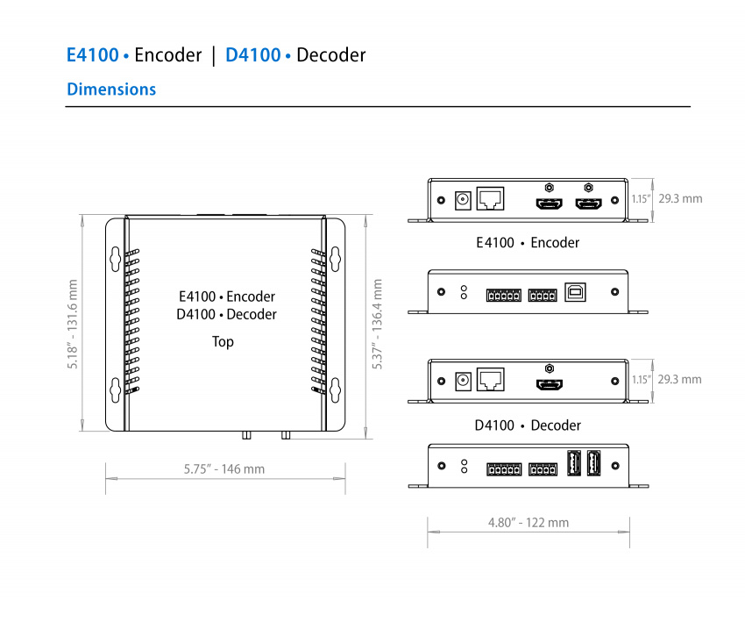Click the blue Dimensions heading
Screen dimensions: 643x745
[x=111, y=89]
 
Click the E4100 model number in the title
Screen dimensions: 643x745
[x=93, y=55]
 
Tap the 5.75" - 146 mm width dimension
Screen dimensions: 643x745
[x=224, y=469]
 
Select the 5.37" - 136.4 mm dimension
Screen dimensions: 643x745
[x=378, y=324]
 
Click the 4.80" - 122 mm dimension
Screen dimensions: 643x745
[x=529, y=523]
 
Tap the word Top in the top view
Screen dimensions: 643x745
[x=223, y=341]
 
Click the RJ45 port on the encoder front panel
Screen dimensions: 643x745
[x=491, y=199]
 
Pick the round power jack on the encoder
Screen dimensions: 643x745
[x=462, y=201]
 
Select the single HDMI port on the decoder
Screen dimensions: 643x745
[x=550, y=384]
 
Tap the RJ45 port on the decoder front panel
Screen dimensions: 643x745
[x=491, y=379]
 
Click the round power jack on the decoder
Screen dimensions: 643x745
[x=462, y=381]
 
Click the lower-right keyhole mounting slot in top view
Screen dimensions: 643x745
[x=334, y=389]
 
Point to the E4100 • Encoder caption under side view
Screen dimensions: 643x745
[x=528, y=242]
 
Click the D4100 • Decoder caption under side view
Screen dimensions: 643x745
[x=528, y=425]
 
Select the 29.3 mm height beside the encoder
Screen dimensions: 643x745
[x=680, y=199]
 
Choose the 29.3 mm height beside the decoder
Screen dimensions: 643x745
[x=680, y=380]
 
